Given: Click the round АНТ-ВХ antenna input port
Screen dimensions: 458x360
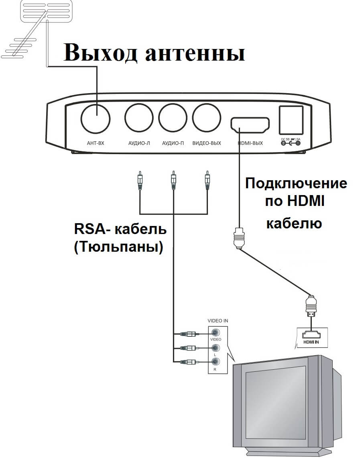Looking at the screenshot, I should pos(96,118).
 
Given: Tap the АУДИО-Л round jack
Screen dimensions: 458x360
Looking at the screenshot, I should pos(139,118).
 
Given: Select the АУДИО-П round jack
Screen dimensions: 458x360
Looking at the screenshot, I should pos(173,118).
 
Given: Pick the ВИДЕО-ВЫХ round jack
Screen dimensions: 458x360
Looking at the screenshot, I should pos(207,118).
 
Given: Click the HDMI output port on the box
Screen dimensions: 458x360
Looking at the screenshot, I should pos(250,125).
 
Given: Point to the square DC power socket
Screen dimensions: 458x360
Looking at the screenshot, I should pos(291,119).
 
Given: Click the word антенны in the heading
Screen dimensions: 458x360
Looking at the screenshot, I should pos(195,53).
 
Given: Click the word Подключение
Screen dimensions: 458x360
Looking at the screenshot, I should pos(296,184).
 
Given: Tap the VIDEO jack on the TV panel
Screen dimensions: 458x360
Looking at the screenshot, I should pos(216,333).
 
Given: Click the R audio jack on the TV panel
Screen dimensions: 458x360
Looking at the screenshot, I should pos(216,362).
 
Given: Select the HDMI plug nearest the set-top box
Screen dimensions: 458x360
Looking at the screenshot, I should pos(239,240).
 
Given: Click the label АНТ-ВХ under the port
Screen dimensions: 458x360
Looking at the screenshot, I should pos(96,143).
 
